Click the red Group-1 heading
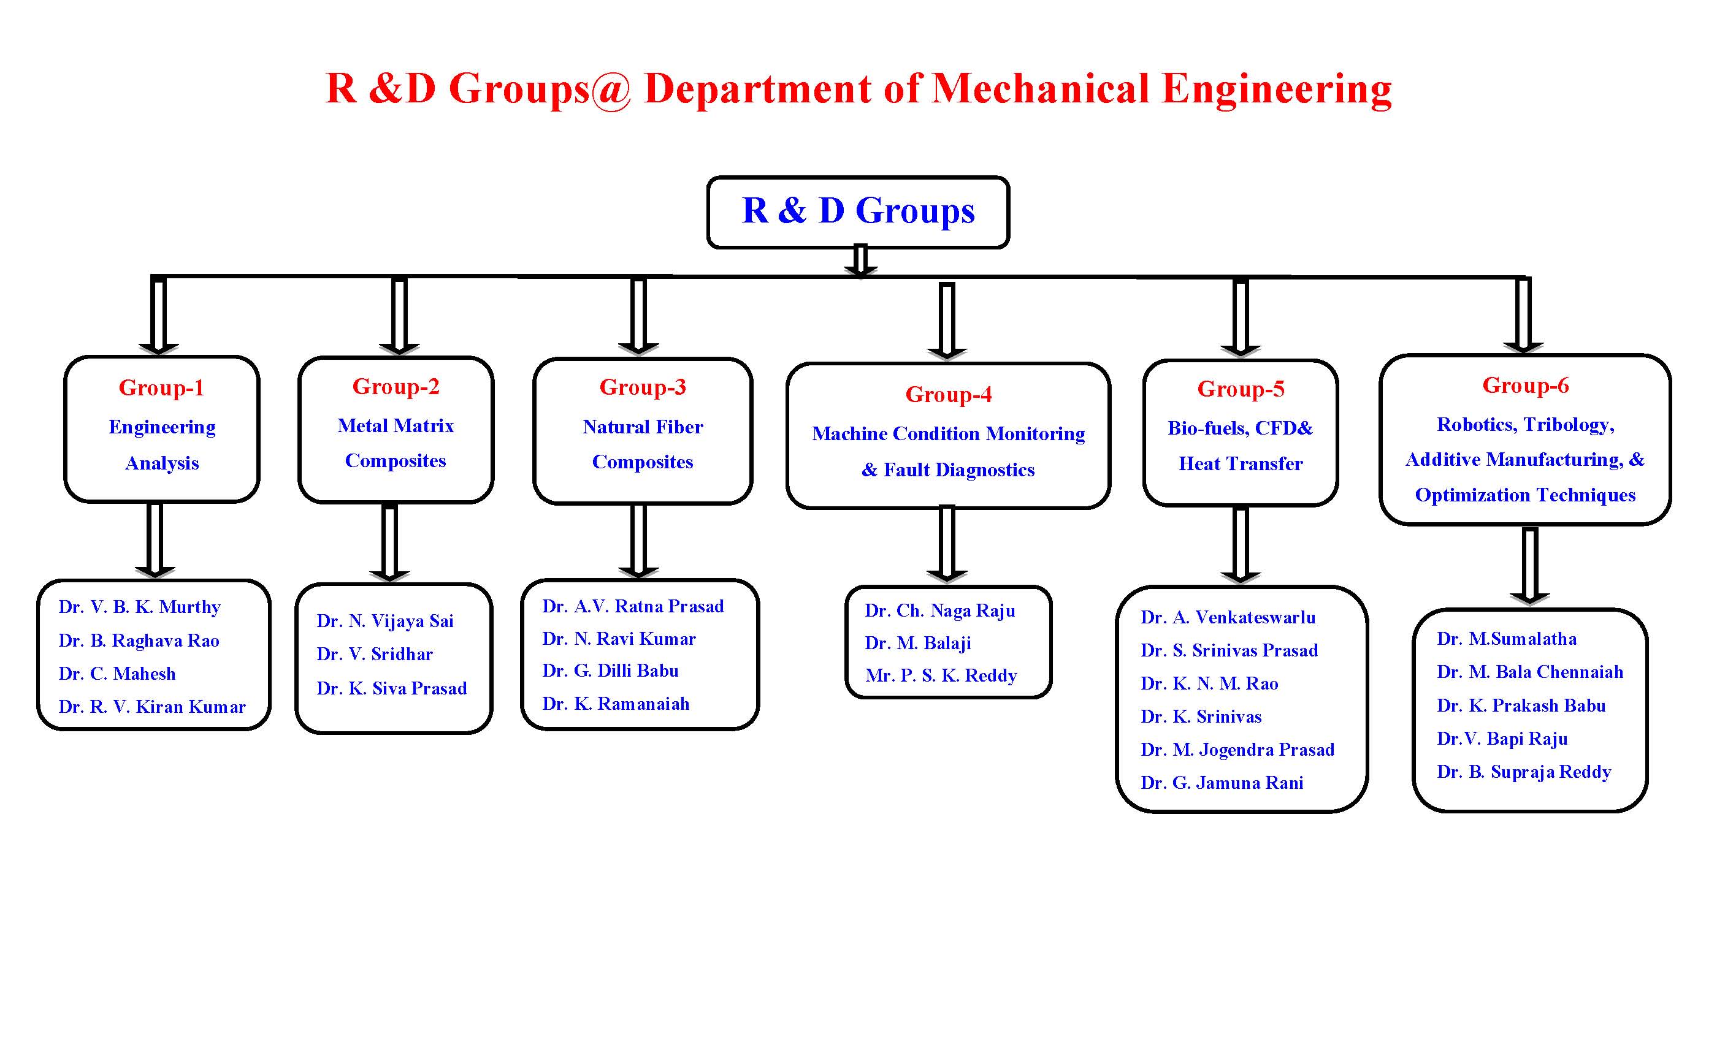162,387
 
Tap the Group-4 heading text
949,394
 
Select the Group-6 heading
1526,385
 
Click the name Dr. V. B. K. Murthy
139,607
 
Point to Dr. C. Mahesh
117,674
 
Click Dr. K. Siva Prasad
392,688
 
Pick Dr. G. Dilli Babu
610,670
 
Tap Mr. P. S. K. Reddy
941,675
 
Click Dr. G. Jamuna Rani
1222,782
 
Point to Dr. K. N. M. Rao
1210,683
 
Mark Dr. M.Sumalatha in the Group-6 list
1507,639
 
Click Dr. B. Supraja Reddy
1524,772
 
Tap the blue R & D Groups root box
858,211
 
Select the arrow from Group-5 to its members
1241,546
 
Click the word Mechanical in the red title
1041,88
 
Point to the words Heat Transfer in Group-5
1241,464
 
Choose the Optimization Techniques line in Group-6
1526,495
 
